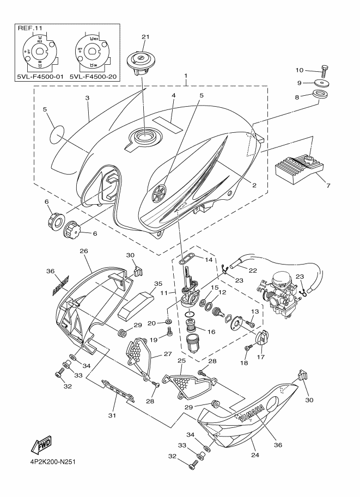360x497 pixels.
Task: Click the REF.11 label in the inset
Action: [x=30, y=27]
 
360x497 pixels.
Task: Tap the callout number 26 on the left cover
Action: [x=83, y=251]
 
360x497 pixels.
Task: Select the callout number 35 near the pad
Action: [x=158, y=284]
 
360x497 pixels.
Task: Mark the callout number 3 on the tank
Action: [x=87, y=99]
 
